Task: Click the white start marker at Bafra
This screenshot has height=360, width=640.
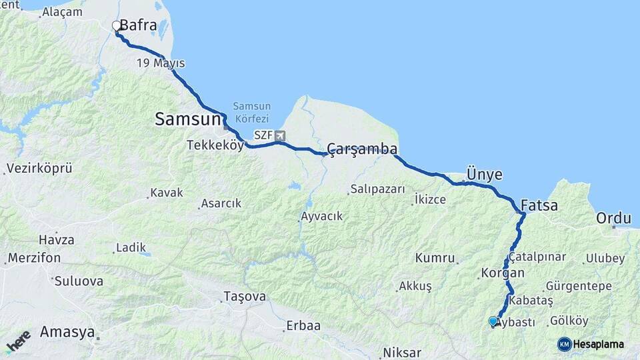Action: click(x=117, y=26)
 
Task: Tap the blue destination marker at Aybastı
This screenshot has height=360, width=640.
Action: click(x=493, y=321)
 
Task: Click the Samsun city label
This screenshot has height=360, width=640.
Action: click(x=187, y=119)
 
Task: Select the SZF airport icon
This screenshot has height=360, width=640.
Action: click(x=279, y=136)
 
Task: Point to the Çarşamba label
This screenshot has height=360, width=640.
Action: click(x=363, y=149)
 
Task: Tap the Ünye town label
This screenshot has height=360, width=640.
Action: click(x=484, y=174)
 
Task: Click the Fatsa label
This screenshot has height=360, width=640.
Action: click(x=539, y=205)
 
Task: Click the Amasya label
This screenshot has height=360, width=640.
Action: click(x=67, y=332)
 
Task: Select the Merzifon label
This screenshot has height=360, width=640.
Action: click(x=34, y=257)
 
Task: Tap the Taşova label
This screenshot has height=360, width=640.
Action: click(x=245, y=296)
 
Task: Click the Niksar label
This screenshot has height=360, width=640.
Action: click(x=402, y=353)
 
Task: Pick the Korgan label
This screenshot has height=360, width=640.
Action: click(x=502, y=273)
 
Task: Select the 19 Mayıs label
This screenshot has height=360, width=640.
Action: click(x=161, y=63)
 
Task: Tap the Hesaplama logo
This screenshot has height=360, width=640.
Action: click(x=591, y=344)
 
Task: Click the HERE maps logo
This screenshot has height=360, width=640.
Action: click(x=18, y=341)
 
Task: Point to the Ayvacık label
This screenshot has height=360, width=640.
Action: click(x=321, y=216)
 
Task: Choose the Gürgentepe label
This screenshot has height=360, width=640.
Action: click(x=578, y=286)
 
